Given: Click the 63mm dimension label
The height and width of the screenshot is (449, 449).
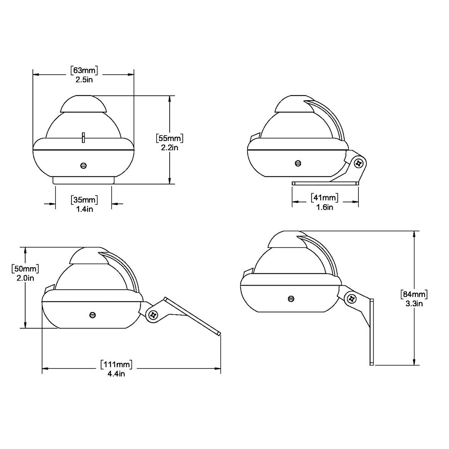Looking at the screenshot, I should click(x=84, y=70).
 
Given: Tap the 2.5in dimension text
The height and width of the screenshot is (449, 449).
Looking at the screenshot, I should click(x=84, y=79).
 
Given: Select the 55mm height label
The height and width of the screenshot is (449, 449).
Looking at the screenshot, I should click(x=169, y=138).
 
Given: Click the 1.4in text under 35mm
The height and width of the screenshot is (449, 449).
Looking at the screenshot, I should click(x=84, y=209).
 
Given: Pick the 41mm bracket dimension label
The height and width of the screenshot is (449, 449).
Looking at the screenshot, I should click(x=324, y=198).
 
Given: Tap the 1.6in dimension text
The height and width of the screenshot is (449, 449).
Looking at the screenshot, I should click(x=324, y=207).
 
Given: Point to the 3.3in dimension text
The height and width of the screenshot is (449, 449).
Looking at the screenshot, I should click(x=414, y=304).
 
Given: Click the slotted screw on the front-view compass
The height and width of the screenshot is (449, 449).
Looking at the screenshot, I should click(x=83, y=166).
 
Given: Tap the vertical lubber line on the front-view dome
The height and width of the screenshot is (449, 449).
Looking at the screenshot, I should click(x=83, y=137).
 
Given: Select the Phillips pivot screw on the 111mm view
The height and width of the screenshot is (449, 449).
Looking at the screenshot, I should click(x=154, y=315).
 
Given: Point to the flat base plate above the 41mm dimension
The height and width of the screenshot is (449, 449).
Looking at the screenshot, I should click(x=325, y=183).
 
